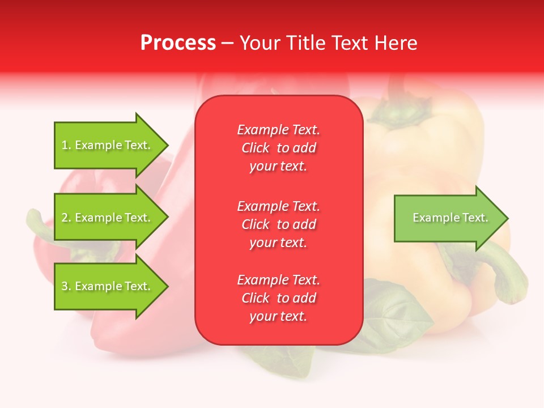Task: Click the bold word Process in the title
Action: coord(178,43)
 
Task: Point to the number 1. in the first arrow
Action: coord(66,146)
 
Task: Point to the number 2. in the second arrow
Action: coord(66,218)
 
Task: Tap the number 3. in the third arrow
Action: coord(66,287)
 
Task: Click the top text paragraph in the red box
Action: coord(278,148)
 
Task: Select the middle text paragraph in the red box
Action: coord(278,224)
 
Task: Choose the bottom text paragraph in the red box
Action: coord(278,298)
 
